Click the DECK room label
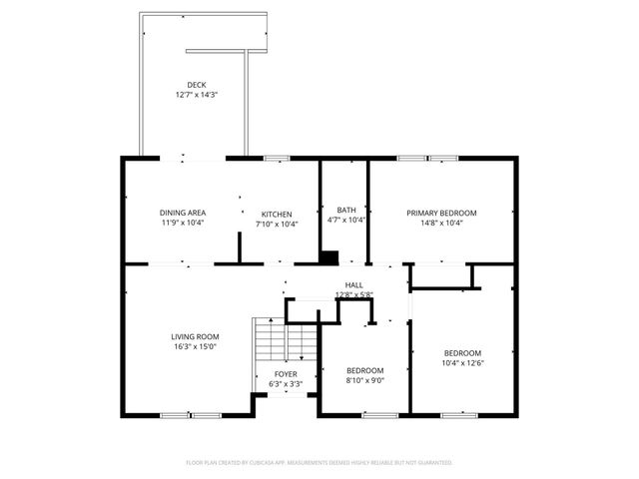(196, 84)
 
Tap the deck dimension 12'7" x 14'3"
(196, 95)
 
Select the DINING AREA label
(183, 213)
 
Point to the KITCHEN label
(277, 214)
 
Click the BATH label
(346, 210)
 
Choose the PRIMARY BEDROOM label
(440, 213)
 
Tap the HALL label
(353, 285)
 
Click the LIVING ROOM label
(195, 336)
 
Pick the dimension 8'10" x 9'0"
(363, 380)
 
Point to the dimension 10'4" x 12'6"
(462, 363)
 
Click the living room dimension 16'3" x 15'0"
(195, 347)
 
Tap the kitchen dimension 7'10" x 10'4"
(277, 224)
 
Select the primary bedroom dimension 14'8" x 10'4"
(440, 223)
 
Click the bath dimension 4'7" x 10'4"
(346, 220)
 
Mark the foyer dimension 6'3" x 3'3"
(288, 384)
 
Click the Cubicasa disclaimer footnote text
(319, 463)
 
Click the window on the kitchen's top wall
(277, 158)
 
